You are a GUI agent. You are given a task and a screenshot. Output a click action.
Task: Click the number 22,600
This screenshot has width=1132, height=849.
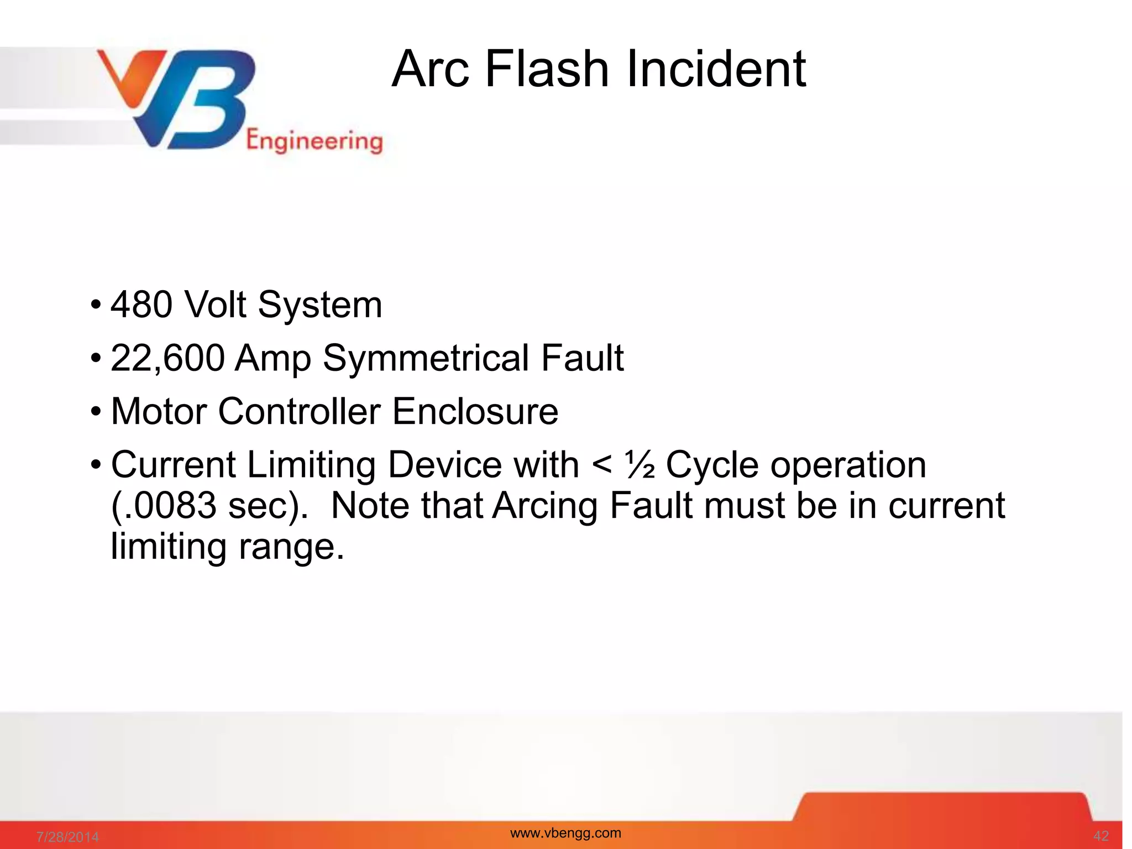[167, 358]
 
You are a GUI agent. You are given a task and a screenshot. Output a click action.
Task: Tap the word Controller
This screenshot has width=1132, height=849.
[299, 412]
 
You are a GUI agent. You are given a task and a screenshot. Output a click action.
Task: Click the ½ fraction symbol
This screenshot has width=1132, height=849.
[640, 464]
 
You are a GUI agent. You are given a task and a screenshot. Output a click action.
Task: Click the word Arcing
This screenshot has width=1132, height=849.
[545, 506]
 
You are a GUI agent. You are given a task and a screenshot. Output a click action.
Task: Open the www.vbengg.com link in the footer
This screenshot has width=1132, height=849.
[565, 833]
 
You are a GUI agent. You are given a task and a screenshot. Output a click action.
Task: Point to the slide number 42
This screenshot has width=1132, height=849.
[1100, 836]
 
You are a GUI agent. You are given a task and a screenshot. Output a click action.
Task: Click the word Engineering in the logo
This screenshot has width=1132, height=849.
[314, 141]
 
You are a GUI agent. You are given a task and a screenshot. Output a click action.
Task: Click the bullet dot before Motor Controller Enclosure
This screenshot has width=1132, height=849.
[96, 412]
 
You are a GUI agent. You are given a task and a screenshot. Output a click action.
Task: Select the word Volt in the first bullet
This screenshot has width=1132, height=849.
[214, 305]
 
